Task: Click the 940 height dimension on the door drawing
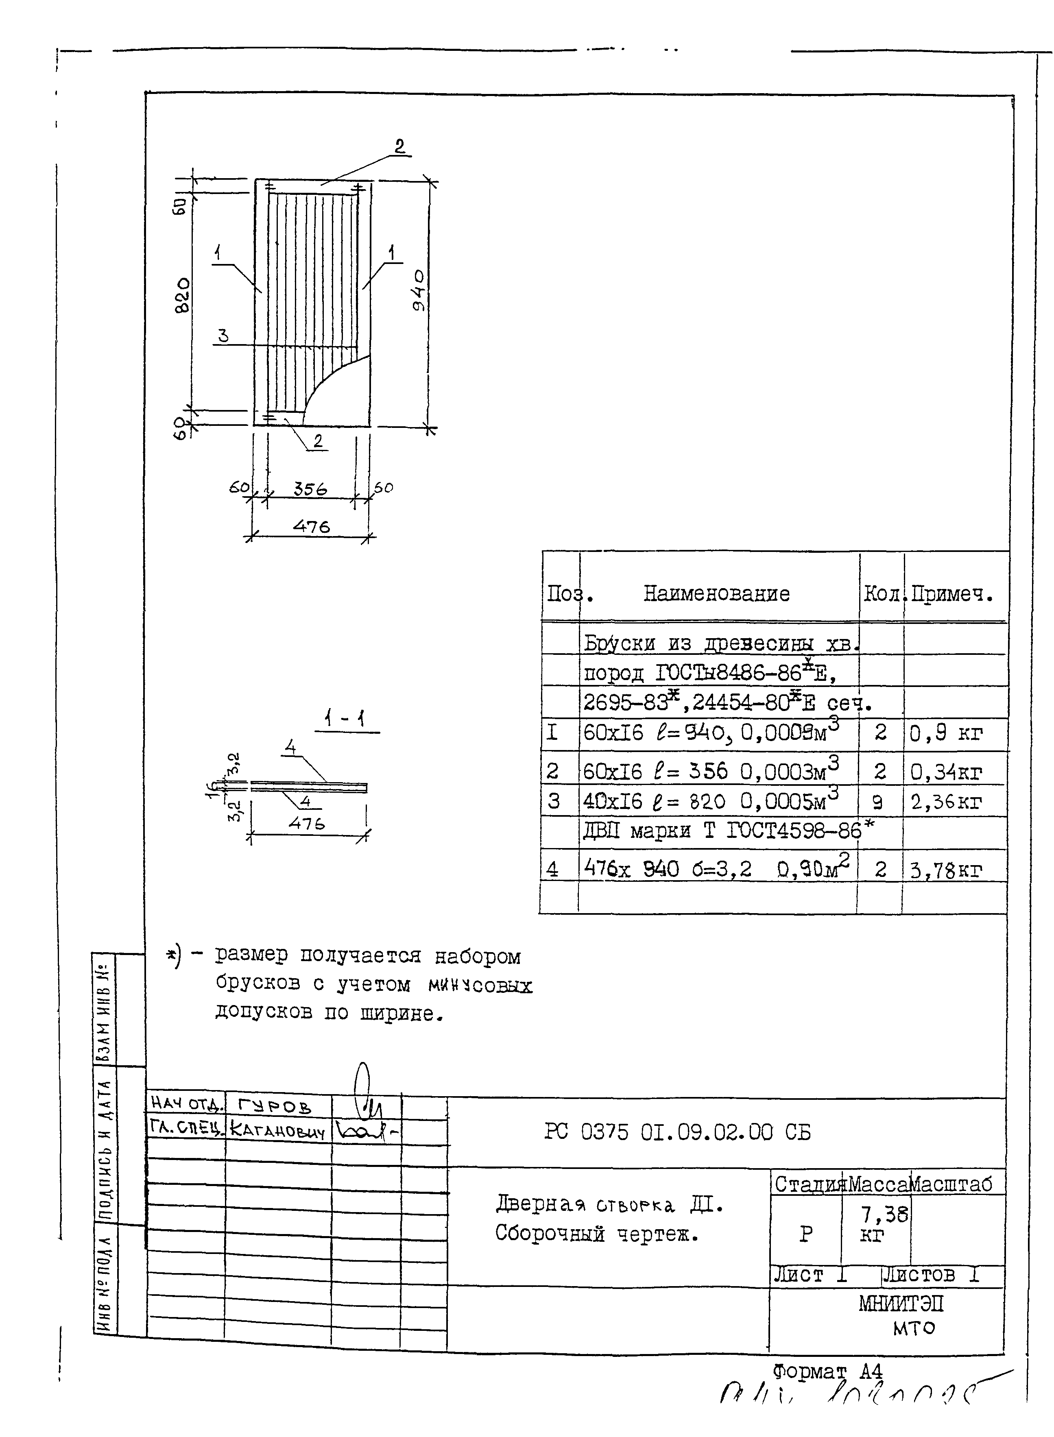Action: [419, 290]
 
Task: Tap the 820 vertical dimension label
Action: [183, 294]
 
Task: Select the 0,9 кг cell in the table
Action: [945, 733]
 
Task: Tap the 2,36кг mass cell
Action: [945, 802]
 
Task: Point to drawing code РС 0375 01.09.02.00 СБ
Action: [677, 1132]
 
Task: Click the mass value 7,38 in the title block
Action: [884, 1213]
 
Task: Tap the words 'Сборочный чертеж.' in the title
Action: [596, 1234]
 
